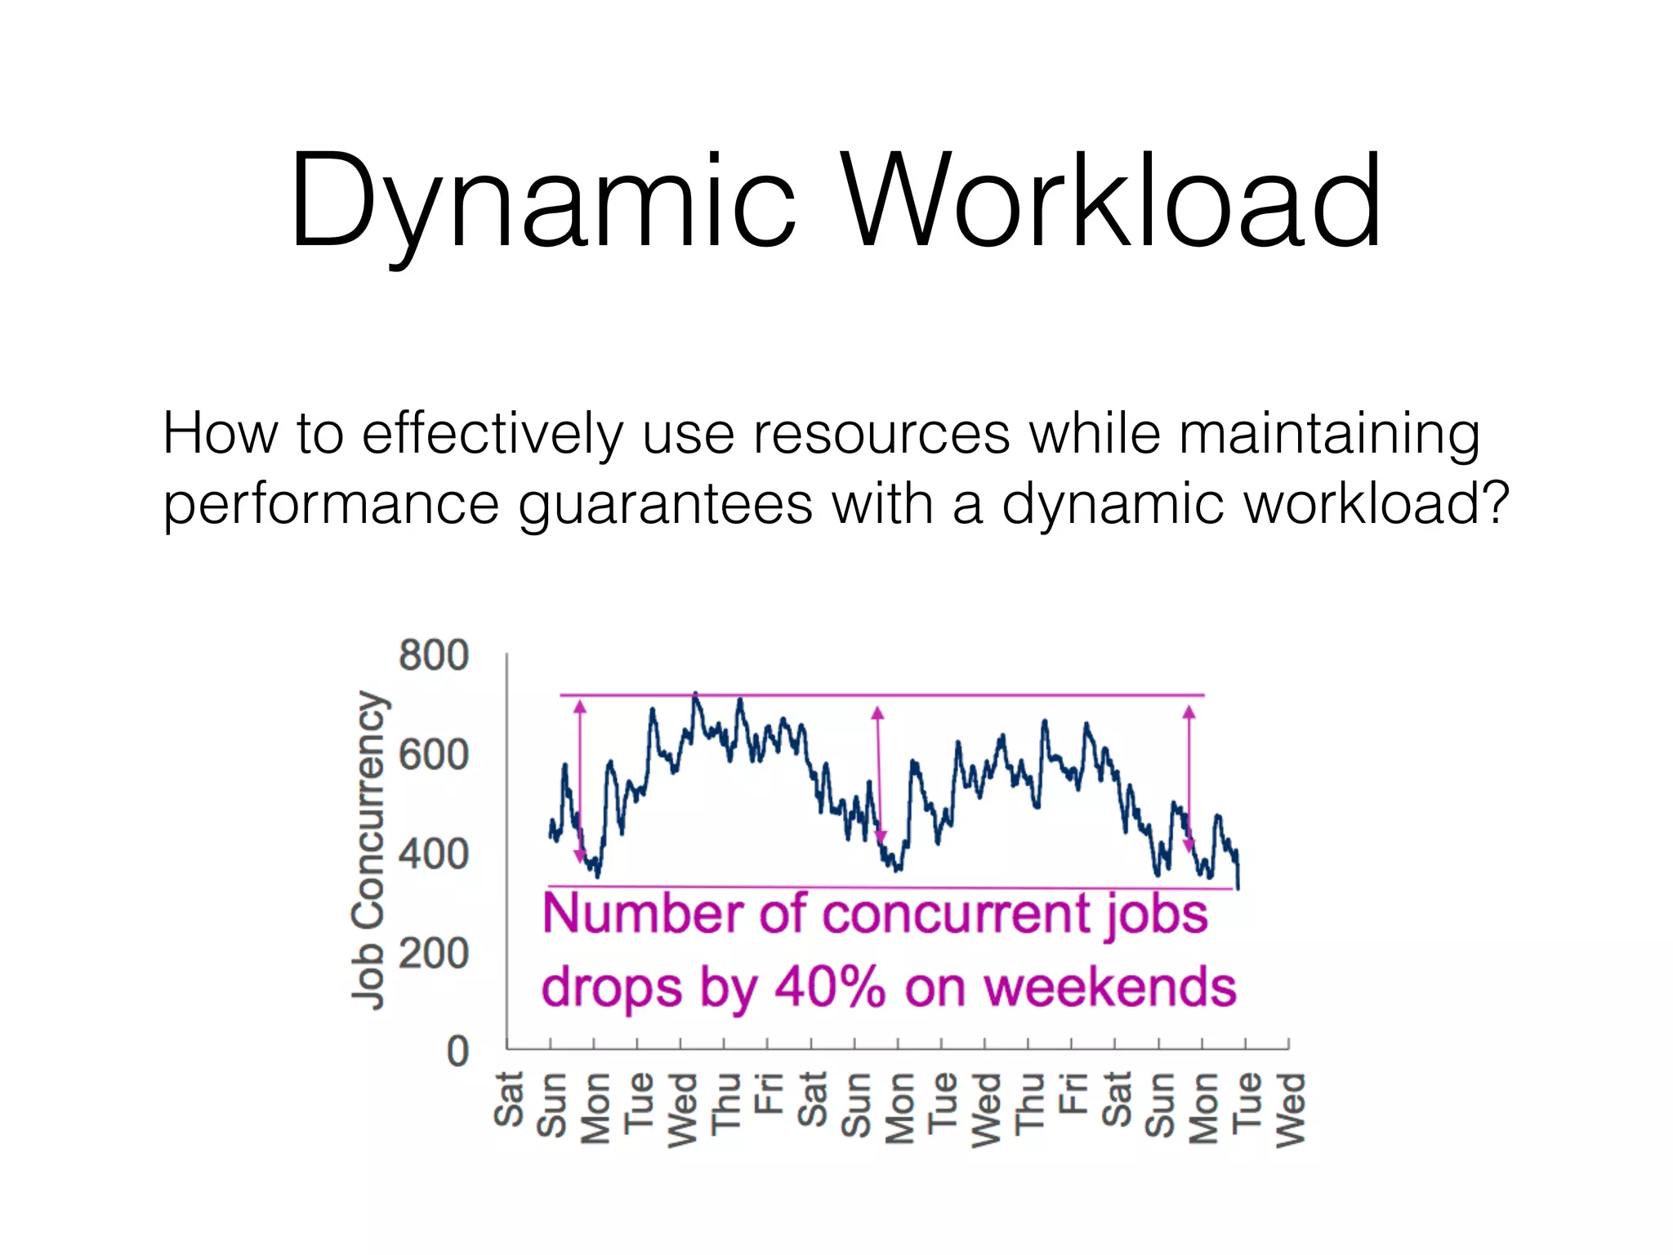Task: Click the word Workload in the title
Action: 1111,200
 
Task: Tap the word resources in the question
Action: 881,433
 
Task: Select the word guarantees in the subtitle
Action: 666,505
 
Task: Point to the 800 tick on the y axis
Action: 433,655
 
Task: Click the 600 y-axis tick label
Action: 433,754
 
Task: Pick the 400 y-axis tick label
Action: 433,854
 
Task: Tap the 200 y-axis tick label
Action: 433,954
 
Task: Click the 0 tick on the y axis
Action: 457,1052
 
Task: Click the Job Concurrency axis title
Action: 368,850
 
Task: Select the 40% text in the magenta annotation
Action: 829,987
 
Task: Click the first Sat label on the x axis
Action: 508,1099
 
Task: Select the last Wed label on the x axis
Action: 1290,1110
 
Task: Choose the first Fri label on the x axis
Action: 767,1093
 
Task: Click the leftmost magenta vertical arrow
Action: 580,780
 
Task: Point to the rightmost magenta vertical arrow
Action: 1189,780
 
